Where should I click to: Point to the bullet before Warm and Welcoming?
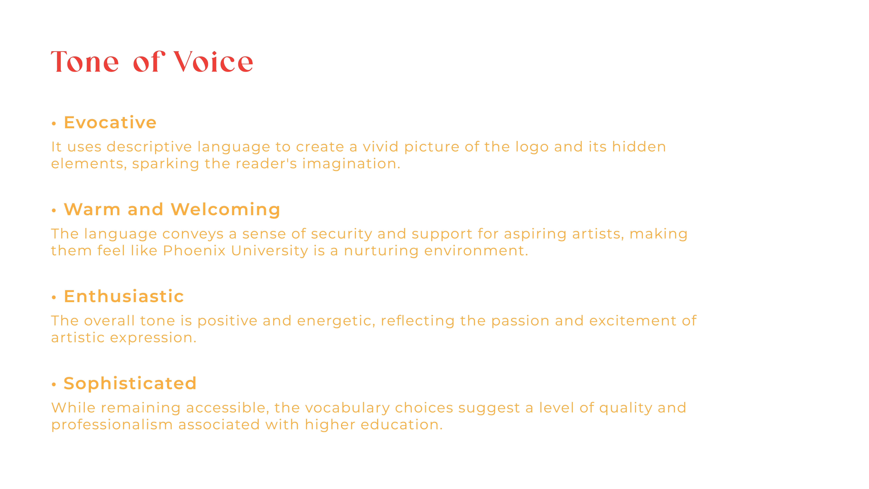[x=54, y=211]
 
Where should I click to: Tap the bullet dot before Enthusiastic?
[x=54, y=297]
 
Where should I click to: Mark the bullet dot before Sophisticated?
[x=54, y=384]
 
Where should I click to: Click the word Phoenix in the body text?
[x=194, y=251]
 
